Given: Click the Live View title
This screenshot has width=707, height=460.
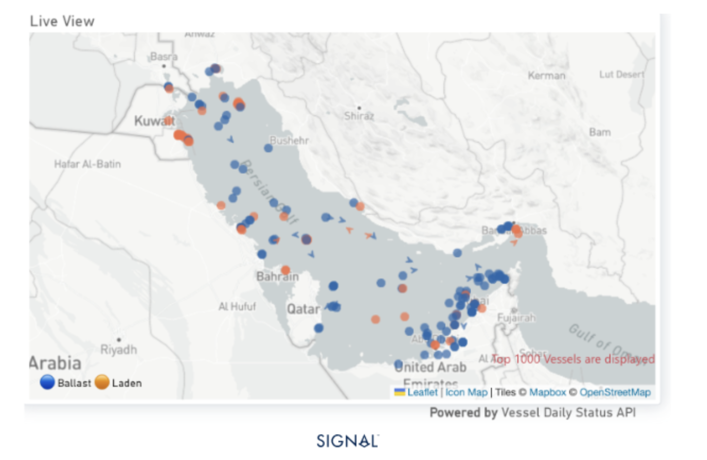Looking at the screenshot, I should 62,21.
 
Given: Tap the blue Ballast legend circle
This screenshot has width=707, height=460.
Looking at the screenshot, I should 47,382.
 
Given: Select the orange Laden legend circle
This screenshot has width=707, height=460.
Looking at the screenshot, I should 102,382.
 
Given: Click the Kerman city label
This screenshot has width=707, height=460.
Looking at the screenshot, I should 546,75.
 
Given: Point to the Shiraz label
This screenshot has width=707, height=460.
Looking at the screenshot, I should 359,116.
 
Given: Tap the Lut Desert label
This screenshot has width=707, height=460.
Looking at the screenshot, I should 621,74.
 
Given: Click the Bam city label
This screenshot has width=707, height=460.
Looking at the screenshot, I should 600,132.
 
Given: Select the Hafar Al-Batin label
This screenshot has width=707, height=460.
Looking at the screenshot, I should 87,164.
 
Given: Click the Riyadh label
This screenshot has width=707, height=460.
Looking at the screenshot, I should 118,349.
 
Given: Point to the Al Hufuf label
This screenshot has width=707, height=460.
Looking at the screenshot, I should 237,306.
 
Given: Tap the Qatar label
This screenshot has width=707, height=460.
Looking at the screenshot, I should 303,309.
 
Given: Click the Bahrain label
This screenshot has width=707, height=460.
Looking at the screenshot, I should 277,277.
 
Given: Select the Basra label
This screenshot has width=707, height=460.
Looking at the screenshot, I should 164,56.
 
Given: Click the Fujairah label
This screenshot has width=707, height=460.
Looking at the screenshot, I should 516,318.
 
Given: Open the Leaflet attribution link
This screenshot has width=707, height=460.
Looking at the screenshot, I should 422,392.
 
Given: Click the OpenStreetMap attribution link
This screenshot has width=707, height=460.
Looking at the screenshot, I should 615,392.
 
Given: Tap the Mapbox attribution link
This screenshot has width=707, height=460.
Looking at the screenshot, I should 547,392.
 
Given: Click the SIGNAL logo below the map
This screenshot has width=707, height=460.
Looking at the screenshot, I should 348,441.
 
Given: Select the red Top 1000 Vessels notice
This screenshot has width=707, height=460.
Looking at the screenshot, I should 573,359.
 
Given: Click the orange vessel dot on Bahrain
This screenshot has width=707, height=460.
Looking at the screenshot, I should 286,270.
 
